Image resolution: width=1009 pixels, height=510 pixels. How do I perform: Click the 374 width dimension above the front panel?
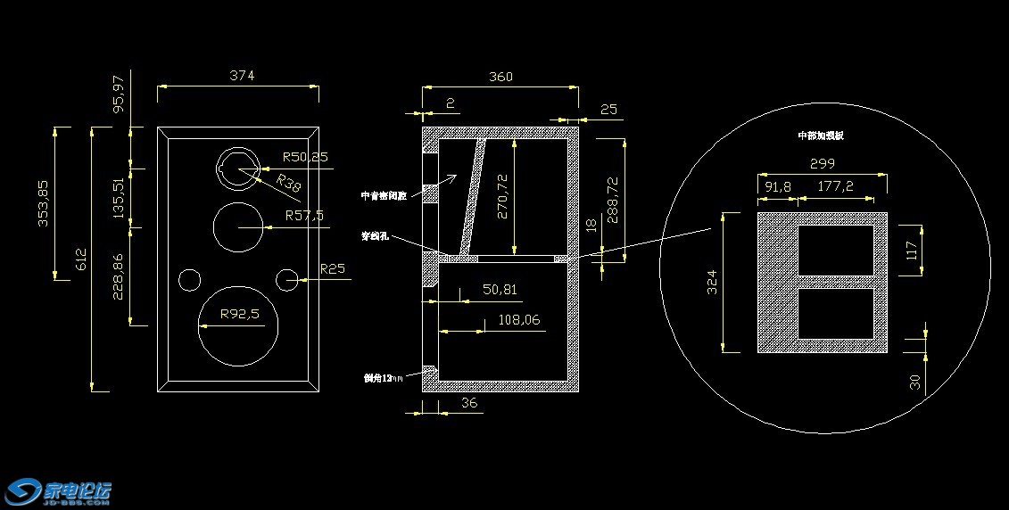pyautogui.click(x=242, y=76)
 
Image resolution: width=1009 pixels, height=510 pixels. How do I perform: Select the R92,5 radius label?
pyautogui.click(x=241, y=315)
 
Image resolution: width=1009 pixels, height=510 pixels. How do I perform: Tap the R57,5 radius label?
pyautogui.click(x=304, y=216)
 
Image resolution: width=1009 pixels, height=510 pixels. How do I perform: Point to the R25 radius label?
pyautogui.click(x=332, y=269)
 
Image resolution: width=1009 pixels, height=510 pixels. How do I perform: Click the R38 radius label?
pyautogui.click(x=288, y=184)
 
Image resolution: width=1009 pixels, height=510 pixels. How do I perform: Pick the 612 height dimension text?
pyautogui.click(x=81, y=259)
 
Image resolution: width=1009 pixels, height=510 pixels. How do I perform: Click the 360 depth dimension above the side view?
pyautogui.click(x=500, y=77)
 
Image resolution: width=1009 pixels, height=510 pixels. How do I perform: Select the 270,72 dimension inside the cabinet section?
pyautogui.click(x=503, y=196)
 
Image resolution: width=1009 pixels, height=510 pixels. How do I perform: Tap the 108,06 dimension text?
pyautogui.click(x=519, y=319)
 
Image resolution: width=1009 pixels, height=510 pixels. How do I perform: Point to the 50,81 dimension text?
pyautogui.click(x=500, y=290)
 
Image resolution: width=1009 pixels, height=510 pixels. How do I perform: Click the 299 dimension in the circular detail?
pyautogui.click(x=822, y=164)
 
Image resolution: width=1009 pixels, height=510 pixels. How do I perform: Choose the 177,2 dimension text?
pyautogui.click(x=835, y=186)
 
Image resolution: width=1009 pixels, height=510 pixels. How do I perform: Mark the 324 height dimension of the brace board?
pyautogui.click(x=711, y=283)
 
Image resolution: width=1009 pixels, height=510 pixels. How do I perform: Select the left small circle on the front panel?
pyautogui.click(x=190, y=280)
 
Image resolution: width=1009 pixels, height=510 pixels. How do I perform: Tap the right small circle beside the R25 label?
pyautogui.click(x=287, y=280)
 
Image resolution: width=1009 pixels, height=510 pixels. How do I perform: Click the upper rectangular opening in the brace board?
pyautogui.click(x=835, y=251)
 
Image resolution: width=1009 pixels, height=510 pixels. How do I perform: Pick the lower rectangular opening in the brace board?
pyautogui.click(x=835, y=313)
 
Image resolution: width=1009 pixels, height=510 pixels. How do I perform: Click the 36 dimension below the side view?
pyautogui.click(x=469, y=403)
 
